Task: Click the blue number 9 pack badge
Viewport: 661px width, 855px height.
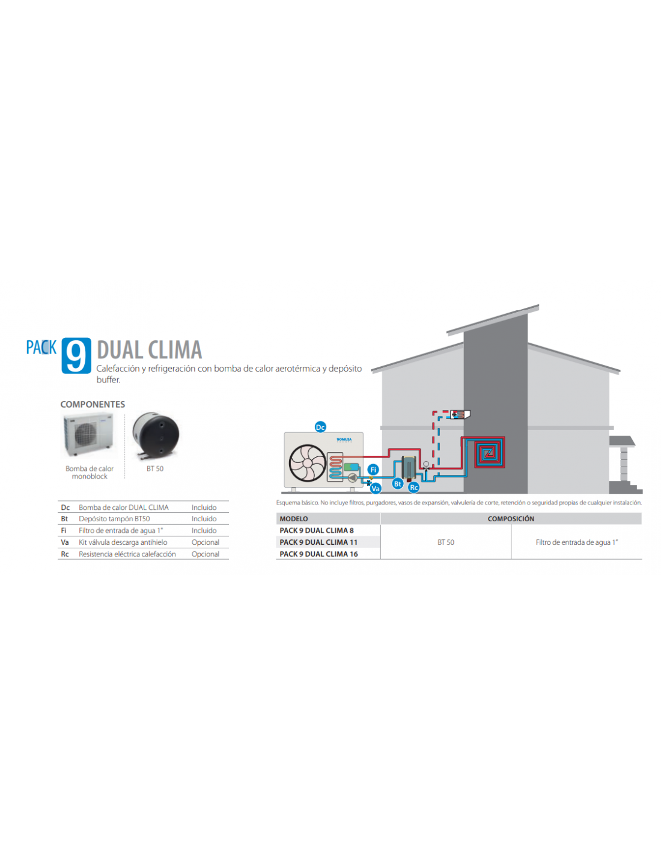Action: pyautogui.click(x=76, y=355)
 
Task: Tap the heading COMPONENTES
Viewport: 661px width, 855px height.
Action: pyautogui.click(x=93, y=405)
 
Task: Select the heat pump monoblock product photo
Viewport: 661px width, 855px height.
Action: pyautogui.click(x=89, y=435)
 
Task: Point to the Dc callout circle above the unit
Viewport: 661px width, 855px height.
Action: pyautogui.click(x=320, y=427)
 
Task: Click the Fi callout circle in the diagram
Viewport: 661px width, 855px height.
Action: pyautogui.click(x=373, y=470)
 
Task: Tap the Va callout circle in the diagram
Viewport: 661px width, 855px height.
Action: pyautogui.click(x=376, y=489)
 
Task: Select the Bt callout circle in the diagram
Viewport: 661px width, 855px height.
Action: pyautogui.click(x=398, y=484)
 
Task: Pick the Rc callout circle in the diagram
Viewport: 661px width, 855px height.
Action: pyautogui.click(x=413, y=488)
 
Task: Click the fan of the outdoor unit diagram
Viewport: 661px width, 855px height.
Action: pyautogui.click(x=307, y=463)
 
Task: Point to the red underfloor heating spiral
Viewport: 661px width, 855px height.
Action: pyautogui.click(x=489, y=453)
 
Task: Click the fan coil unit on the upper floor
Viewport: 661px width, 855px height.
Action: pyautogui.click(x=460, y=414)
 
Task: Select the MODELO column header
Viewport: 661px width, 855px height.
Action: pyautogui.click(x=294, y=519)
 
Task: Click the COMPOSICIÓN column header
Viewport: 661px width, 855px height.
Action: pyautogui.click(x=511, y=519)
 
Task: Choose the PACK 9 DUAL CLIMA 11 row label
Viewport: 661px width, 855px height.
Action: pyautogui.click(x=318, y=542)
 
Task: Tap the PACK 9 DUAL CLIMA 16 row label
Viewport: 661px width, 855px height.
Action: pyautogui.click(x=318, y=554)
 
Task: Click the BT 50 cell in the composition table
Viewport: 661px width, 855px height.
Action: pyautogui.click(x=446, y=542)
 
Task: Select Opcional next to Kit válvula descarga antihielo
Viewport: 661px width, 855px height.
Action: pyautogui.click(x=206, y=542)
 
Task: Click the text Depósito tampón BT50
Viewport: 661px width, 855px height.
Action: pyautogui.click(x=114, y=518)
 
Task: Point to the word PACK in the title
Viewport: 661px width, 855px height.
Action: pyautogui.click(x=41, y=348)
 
